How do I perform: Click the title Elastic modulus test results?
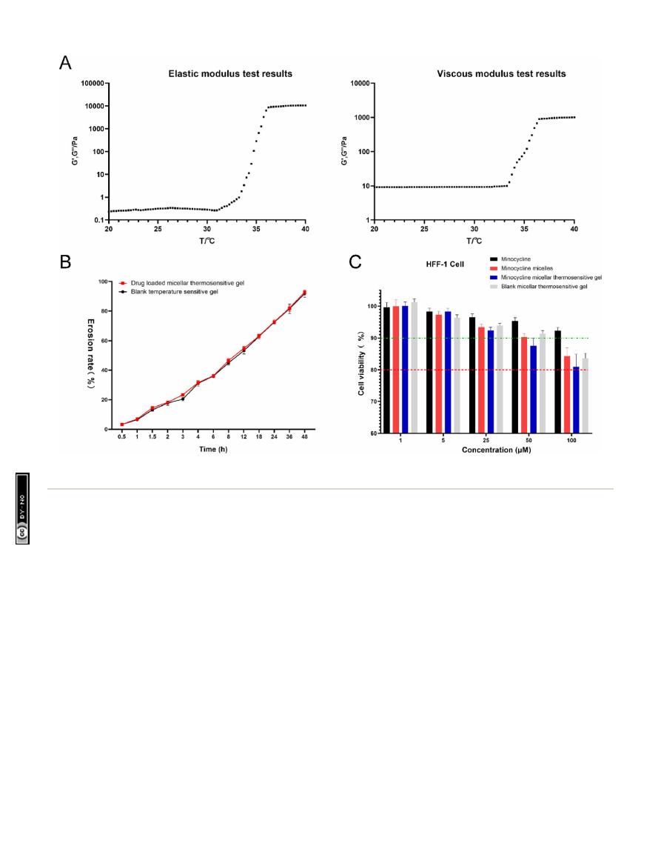pos(230,74)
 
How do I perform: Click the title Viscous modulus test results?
pos(501,74)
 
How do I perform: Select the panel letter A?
pos(66,64)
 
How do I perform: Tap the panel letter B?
pos(66,262)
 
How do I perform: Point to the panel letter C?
pos(356,262)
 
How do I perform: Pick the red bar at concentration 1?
pos(396,369)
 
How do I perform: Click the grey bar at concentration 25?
pos(500,379)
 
